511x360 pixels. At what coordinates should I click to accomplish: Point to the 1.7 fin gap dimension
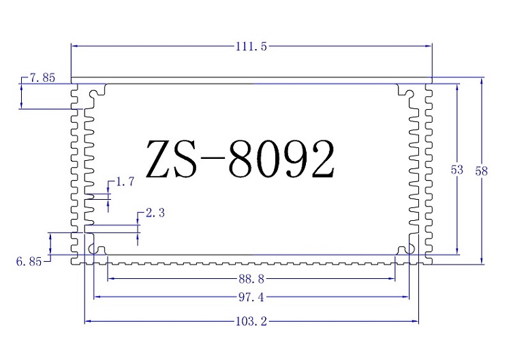126,181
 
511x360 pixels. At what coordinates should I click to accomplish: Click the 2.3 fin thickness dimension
155,213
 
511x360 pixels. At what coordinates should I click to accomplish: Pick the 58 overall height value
482,171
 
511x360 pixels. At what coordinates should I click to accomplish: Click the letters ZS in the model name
172,160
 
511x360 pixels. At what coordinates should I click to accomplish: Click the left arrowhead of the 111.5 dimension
75,46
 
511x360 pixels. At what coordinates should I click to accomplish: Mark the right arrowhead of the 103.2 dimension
416,321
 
